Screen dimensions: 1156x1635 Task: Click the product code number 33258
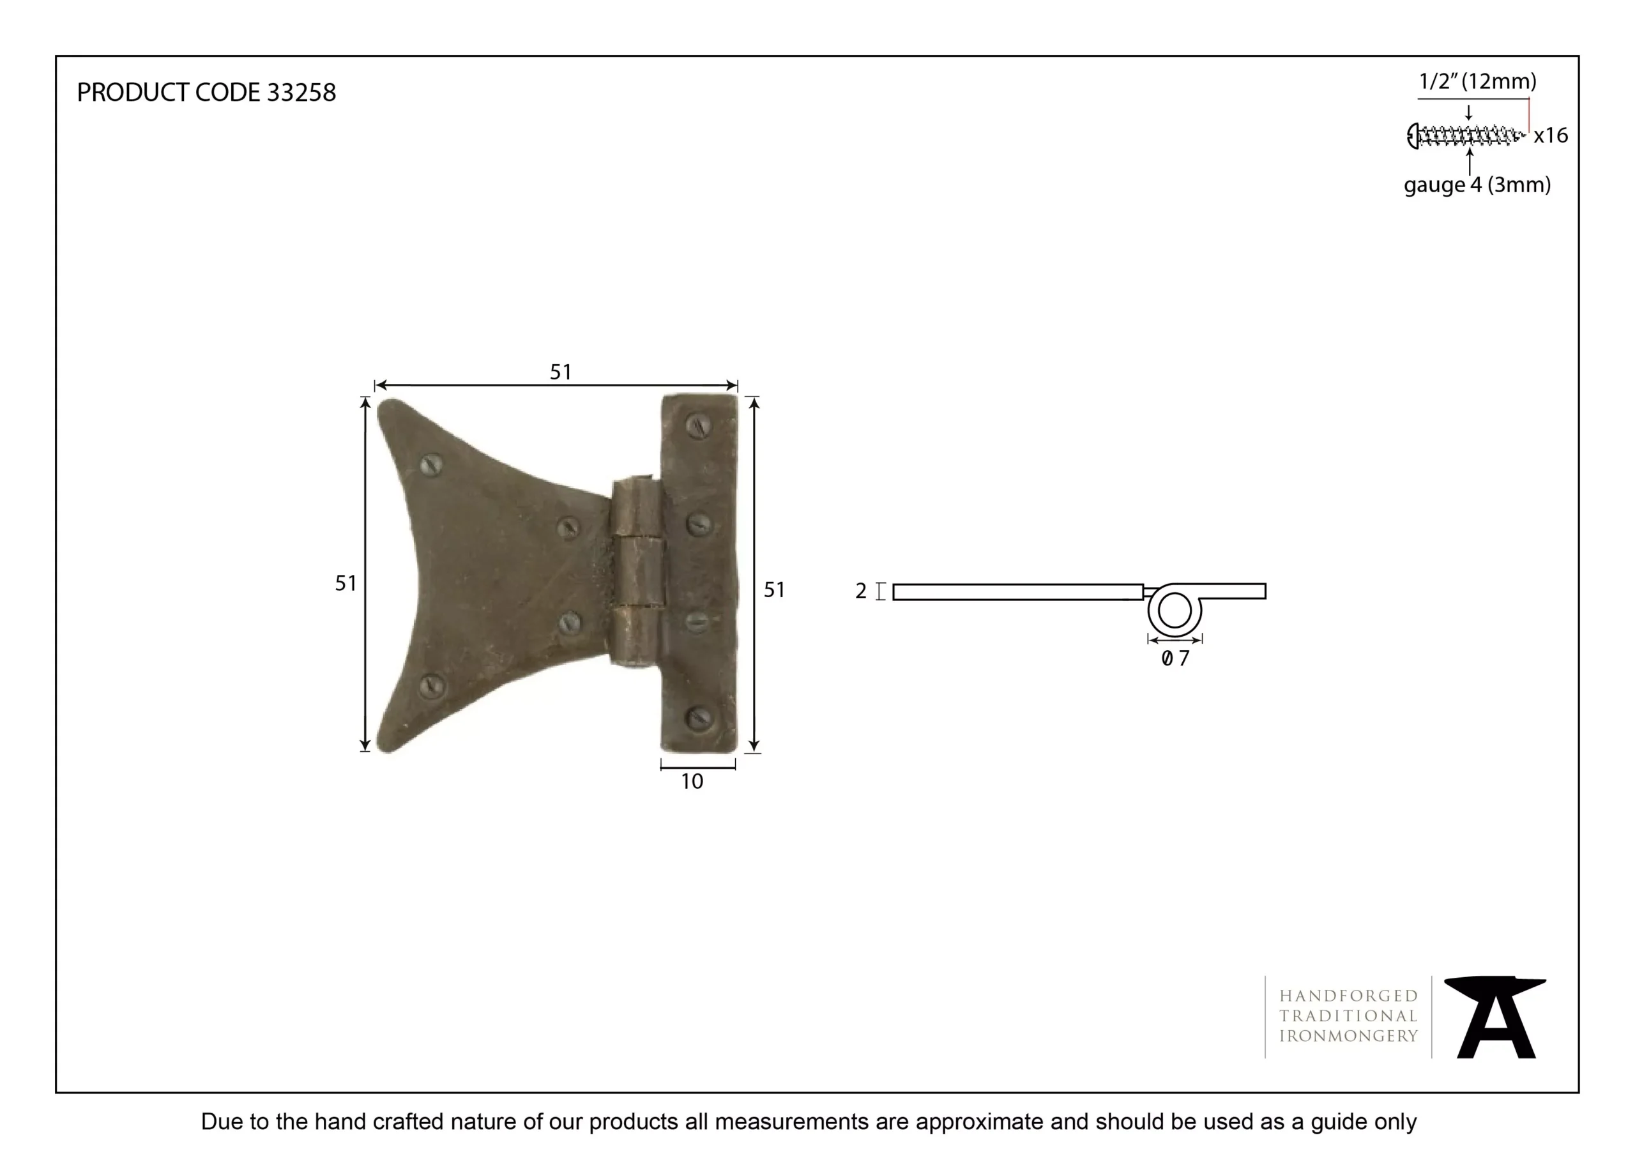[301, 93]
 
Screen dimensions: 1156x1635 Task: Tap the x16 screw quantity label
[1550, 135]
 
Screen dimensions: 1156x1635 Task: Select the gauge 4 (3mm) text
[1477, 185]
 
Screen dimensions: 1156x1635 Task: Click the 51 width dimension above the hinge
[560, 372]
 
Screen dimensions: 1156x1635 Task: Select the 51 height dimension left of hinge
[346, 583]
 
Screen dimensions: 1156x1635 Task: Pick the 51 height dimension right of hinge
[774, 589]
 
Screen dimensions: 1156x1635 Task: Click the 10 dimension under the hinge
[692, 782]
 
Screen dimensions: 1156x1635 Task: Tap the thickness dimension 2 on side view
[861, 591]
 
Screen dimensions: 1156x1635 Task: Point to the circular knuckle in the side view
[1175, 611]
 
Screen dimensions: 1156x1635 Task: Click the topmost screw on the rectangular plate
[699, 426]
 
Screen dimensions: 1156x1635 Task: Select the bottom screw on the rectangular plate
[699, 718]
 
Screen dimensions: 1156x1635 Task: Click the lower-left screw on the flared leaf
[430, 685]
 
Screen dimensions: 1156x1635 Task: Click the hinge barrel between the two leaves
[637, 574]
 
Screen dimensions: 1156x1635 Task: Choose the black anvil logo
[1494, 1017]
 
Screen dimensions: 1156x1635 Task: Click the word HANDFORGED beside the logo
[1348, 996]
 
